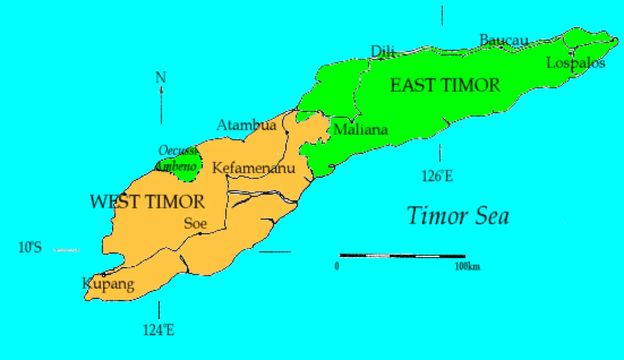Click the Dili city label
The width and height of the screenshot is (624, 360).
(382, 52)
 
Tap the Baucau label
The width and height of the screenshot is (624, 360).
(503, 40)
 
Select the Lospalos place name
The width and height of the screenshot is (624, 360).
(575, 63)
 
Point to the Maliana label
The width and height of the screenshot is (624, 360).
(360, 130)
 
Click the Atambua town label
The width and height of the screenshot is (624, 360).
(246, 125)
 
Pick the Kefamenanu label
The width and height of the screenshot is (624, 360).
(253, 168)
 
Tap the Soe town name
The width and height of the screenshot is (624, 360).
(195, 223)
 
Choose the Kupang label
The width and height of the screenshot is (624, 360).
(108, 284)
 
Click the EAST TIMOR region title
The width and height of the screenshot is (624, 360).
(445, 85)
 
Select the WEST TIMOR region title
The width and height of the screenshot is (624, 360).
(147, 201)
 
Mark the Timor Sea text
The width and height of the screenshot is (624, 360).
(458, 216)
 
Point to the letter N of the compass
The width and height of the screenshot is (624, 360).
(161, 78)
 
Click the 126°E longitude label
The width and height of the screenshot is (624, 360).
(437, 176)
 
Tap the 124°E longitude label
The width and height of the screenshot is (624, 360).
(159, 330)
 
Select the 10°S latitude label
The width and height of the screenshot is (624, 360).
(30, 248)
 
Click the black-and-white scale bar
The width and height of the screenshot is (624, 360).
(402, 256)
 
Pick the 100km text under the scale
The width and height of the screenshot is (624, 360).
(467, 267)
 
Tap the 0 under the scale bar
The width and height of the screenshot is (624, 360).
(337, 267)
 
